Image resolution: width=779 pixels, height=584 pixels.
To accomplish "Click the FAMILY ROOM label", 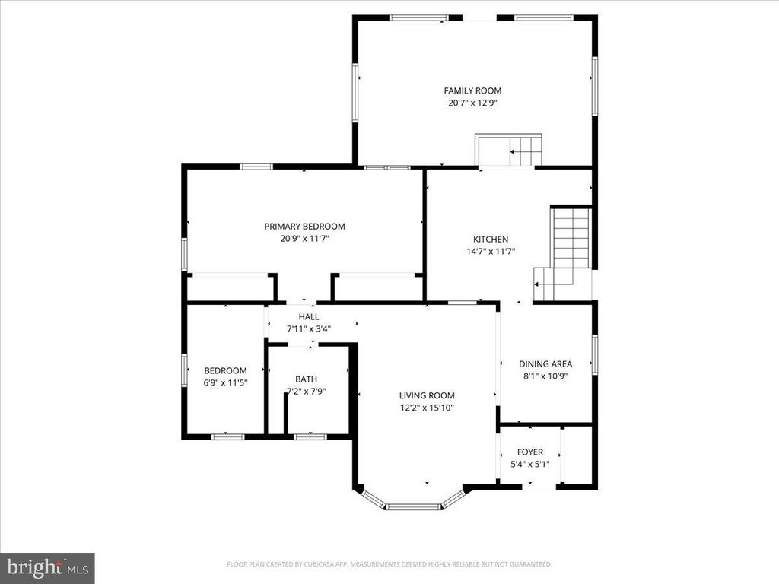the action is pyautogui.click(x=472, y=90).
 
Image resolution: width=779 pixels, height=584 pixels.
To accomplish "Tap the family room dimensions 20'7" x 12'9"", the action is pyautogui.click(x=472, y=103).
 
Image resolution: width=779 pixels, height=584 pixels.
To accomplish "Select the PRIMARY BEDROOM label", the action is pyautogui.click(x=304, y=227).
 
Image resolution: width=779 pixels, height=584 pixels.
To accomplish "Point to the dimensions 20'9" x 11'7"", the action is pyautogui.click(x=304, y=239).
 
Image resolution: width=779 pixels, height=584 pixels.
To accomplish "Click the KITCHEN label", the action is pyautogui.click(x=491, y=239).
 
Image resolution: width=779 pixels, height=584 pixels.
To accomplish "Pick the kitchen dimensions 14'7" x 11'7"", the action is pyautogui.click(x=491, y=251).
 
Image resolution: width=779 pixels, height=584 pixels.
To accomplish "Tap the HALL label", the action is pyautogui.click(x=309, y=317).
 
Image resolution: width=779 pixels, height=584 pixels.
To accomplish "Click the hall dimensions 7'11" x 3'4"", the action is pyautogui.click(x=309, y=328).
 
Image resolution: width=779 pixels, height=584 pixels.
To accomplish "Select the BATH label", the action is pyautogui.click(x=306, y=379).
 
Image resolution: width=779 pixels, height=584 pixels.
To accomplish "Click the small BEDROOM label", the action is pyautogui.click(x=225, y=370).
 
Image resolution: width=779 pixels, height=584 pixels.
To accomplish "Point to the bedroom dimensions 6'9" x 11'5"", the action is pyautogui.click(x=225, y=383).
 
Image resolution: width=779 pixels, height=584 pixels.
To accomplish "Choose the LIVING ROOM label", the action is pyautogui.click(x=427, y=395).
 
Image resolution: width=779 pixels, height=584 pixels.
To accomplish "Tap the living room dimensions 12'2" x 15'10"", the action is pyautogui.click(x=427, y=408).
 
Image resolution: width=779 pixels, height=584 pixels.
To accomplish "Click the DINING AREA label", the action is pyautogui.click(x=545, y=364).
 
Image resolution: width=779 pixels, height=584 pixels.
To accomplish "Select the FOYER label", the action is pyautogui.click(x=530, y=452).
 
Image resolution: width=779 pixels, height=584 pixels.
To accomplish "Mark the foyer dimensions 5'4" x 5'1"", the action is pyautogui.click(x=530, y=465).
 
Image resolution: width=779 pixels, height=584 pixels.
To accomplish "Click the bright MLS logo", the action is pyautogui.click(x=47, y=567).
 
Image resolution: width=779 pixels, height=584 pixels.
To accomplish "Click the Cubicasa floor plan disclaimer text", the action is pyautogui.click(x=389, y=564).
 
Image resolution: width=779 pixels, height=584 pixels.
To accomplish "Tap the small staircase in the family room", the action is pyautogui.click(x=508, y=151).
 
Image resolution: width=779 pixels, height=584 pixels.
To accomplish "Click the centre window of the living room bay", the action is pyautogui.click(x=413, y=506).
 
